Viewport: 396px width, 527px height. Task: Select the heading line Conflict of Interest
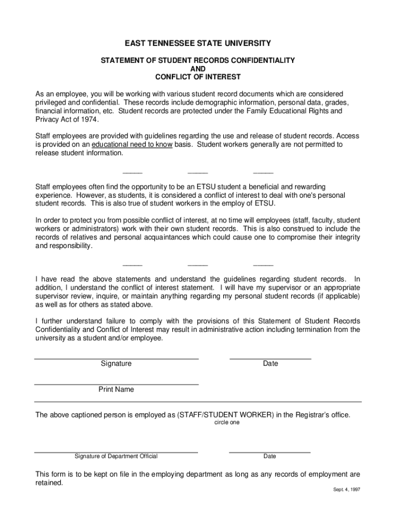[x=198, y=77]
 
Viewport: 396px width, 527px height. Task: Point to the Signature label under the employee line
[x=116, y=364]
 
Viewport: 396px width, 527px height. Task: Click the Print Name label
[x=116, y=390]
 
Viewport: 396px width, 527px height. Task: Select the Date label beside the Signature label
[x=270, y=364]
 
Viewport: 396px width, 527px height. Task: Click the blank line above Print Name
[x=116, y=384]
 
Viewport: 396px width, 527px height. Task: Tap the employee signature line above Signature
[x=116, y=358]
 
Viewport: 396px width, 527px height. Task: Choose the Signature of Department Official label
[x=116, y=456]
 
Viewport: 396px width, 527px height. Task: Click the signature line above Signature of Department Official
[x=116, y=452]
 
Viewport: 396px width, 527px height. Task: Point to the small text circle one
[x=227, y=423]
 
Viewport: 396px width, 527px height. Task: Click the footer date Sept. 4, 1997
[x=346, y=489]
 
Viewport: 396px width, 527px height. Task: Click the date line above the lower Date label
[x=270, y=452]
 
